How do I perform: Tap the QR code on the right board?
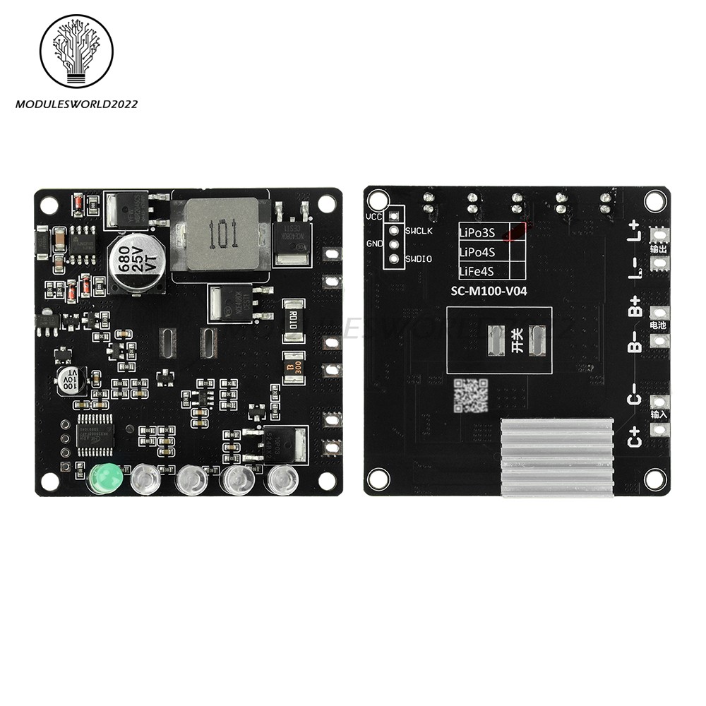click(x=470, y=395)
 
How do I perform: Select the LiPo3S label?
click(x=477, y=232)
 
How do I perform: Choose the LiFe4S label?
click(x=477, y=271)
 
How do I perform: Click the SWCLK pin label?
click(x=419, y=231)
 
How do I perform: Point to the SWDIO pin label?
click(x=419, y=259)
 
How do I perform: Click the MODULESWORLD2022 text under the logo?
click(x=76, y=104)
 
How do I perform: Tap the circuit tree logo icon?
click(x=76, y=51)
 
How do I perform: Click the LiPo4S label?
click(x=477, y=251)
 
